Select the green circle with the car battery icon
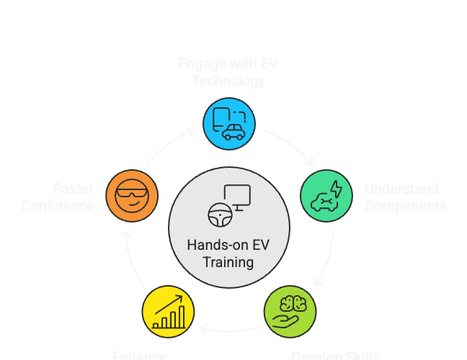pyautogui.click(x=326, y=195)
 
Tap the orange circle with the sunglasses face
pyautogui.click(x=131, y=195)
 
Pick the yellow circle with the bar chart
pyautogui.click(x=168, y=312)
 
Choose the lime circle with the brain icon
pyautogui.click(x=290, y=312)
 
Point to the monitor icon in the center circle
pyautogui.click(x=237, y=197)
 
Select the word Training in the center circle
pyautogui.click(x=228, y=262)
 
